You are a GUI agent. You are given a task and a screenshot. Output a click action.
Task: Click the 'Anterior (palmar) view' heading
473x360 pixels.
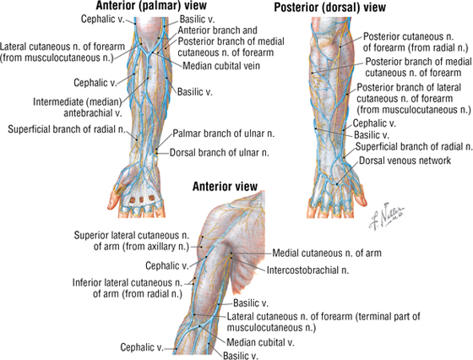tap(151, 5)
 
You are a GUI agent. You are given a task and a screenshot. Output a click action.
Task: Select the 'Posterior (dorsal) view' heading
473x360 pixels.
tap(329, 8)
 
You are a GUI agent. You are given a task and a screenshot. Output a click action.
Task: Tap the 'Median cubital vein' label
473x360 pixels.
tap(221, 65)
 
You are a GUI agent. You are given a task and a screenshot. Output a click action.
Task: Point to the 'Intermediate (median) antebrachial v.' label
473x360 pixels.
tap(77, 107)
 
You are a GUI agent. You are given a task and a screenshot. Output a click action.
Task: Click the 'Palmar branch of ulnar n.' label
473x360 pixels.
tap(224, 134)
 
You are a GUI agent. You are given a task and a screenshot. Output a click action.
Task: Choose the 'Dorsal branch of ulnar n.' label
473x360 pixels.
tap(220, 153)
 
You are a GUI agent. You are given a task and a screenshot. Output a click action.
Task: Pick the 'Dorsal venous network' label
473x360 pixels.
tap(405, 161)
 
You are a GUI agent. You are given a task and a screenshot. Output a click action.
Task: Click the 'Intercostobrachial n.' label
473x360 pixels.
tap(307, 270)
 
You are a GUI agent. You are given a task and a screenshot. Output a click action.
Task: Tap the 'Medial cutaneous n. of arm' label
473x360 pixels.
tap(327, 253)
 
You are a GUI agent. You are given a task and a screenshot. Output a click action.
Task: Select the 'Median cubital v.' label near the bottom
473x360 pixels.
tap(260, 342)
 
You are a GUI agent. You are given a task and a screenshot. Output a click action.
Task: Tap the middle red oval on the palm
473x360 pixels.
tap(141, 199)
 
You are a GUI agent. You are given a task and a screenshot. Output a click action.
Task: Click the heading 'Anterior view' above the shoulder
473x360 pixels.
tap(225, 187)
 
